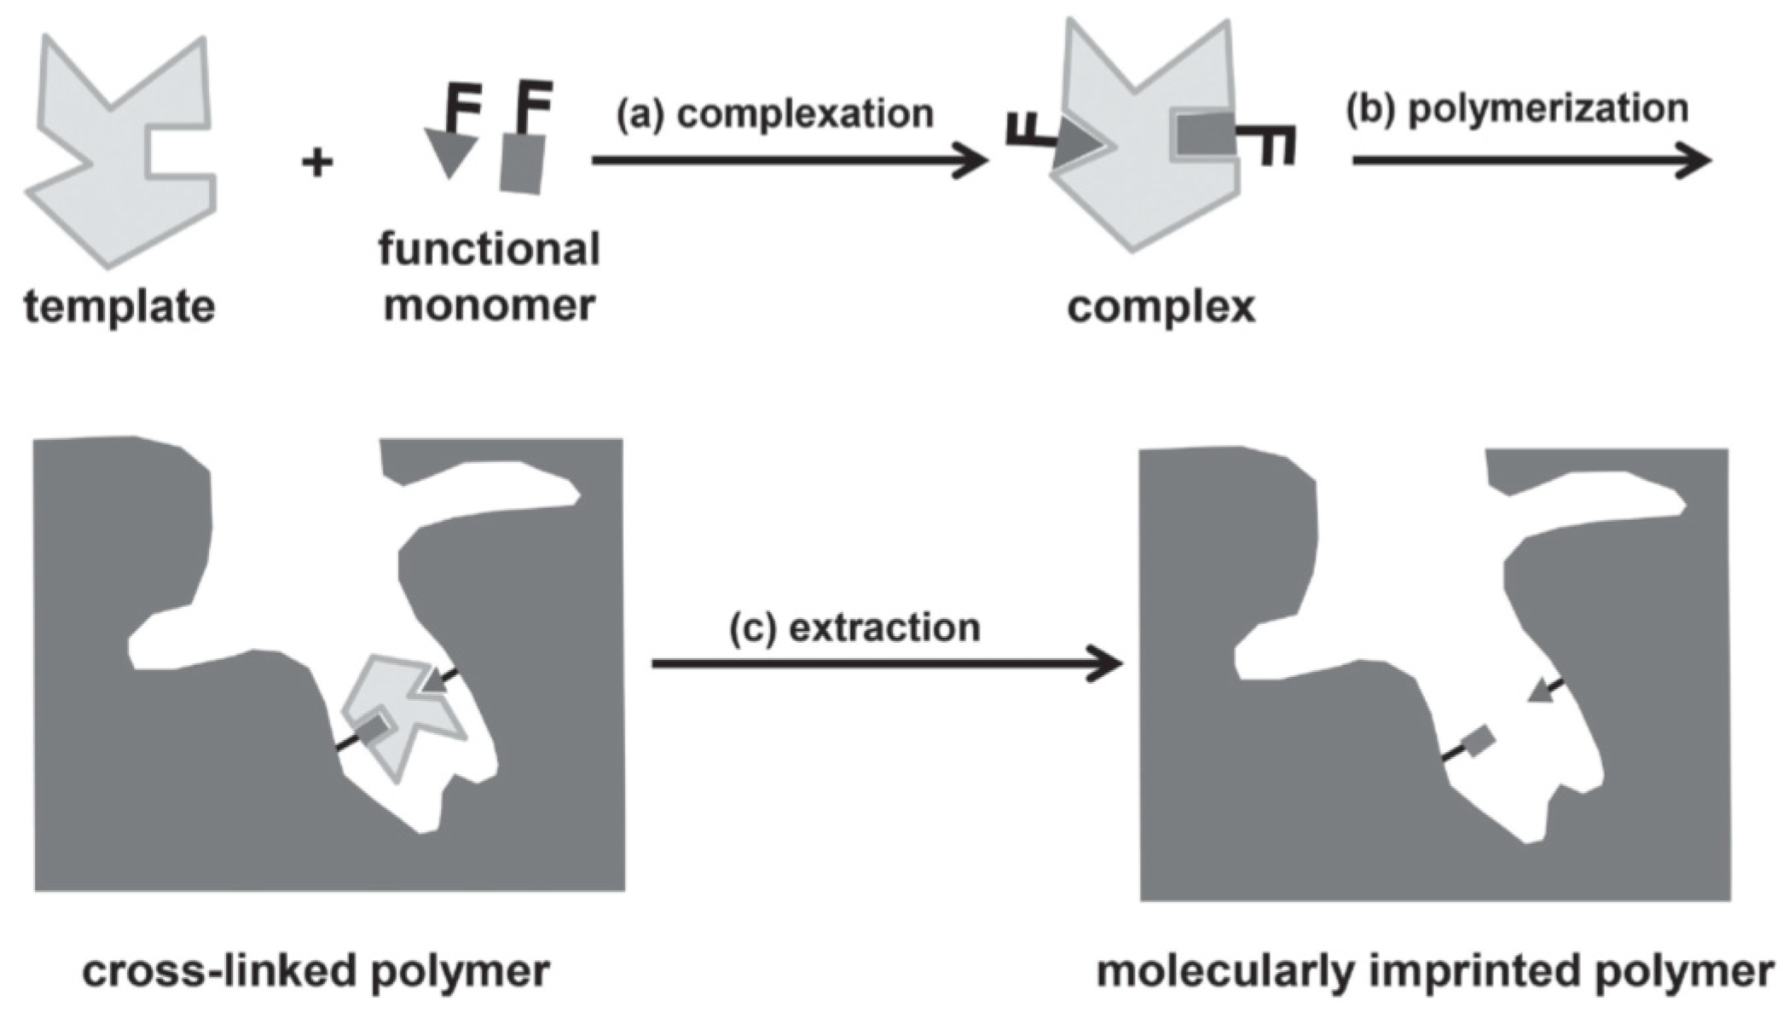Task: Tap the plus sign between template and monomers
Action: (x=317, y=161)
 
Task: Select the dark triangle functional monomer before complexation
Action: (x=449, y=150)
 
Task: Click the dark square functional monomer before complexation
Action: (x=522, y=165)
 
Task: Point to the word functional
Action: (x=489, y=249)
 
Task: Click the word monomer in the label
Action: (x=489, y=305)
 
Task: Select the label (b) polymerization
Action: (x=1517, y=109)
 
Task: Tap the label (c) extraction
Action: (x=854, y=628)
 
